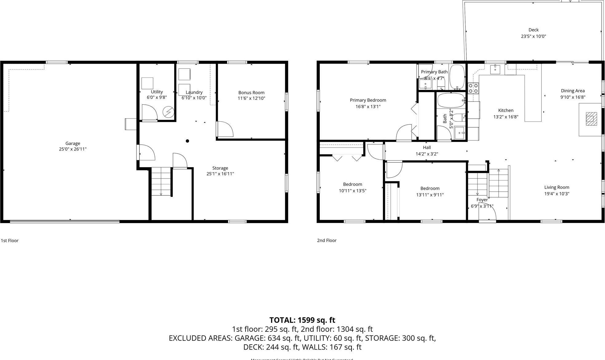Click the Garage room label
tap(73, 143)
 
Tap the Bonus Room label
tap(251, 92)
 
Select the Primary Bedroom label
tap(368, 100)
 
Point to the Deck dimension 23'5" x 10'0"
tap(533, 36)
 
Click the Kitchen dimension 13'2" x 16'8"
tap(505, 117)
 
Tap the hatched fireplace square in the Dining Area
tap(591, 119)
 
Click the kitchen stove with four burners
tap(473, 88)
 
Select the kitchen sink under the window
tap(495, 69)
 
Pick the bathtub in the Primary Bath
tap(457, 77)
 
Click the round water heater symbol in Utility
tap(168, 112)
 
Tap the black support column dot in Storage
tap(187, 141)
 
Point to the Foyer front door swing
tap(488, 214)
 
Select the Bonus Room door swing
tap(225, 129)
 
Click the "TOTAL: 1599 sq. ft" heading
tap(302, 320)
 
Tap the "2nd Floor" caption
tap(327, 241)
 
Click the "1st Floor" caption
tap(10, 241)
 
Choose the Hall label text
tap(426, 147)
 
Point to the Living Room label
tap(556, 187)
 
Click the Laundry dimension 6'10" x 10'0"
tap(194, 98)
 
